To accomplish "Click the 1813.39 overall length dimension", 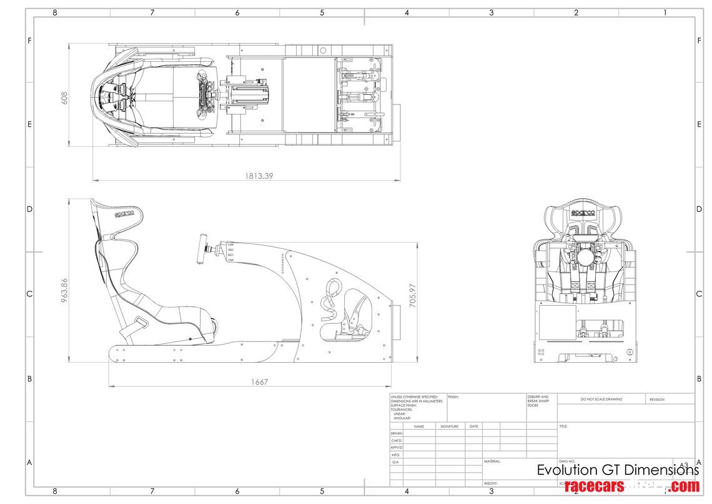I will coord(259,176).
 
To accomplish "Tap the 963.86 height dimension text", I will coord(64,290).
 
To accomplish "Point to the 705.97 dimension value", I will coord(412,295).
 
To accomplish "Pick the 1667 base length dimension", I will coord(259,381).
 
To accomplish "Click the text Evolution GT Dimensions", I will coord(618,470).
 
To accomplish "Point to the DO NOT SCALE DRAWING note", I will coord(601,399).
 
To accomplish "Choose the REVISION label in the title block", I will coord(656,399).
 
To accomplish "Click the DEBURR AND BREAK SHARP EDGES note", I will coord(538,400).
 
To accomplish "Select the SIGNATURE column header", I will coord(449,426).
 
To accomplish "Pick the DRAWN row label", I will coord(397,433).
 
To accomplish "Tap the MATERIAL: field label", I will coord(492,461).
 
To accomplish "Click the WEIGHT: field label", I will coord(490,483).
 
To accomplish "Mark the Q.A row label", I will coord(395,461).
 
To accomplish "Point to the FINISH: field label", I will coord(453,396).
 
